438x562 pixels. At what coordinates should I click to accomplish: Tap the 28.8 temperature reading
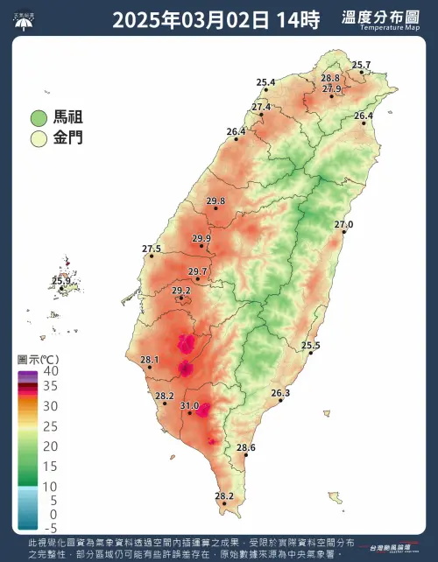[330, 78]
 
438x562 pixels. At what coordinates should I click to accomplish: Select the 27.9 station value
[331, 88]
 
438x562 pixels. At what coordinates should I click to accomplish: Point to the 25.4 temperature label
[266, 82]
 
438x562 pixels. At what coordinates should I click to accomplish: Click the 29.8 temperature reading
[215, 200]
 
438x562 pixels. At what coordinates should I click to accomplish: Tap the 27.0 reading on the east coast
[343, 225]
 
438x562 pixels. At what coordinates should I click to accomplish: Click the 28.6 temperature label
[246, 447]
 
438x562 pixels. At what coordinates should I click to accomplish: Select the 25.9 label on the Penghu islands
[61, 281]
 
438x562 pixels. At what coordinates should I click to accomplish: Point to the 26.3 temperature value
[280, 393]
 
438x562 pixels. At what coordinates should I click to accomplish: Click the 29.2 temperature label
[181, 291]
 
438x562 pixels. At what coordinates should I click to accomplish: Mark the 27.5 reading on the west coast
[152, 249]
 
